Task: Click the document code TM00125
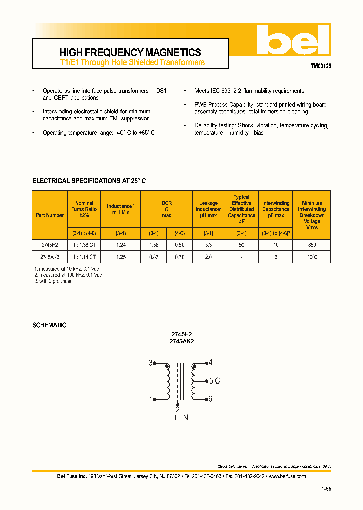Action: pos(320,66)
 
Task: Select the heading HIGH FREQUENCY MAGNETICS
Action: pos(130,52)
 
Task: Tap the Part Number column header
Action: pos(50,215)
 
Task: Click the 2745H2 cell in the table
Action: pos(50,245)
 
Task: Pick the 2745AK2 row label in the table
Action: pos(50,257)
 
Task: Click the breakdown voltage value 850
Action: pos(312,245)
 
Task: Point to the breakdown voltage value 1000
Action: pos(312,257)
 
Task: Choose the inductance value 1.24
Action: pos(120,245)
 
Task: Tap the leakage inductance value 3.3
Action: pos(208,245)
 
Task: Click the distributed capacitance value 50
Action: pos(241,245)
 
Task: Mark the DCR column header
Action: pos(166,209)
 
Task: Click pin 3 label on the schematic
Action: pos(150,363)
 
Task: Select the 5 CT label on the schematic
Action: pos(216,381)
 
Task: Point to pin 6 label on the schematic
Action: pos(210,399)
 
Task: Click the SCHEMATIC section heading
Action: pos(49,325)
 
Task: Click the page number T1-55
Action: pos(325,489)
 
